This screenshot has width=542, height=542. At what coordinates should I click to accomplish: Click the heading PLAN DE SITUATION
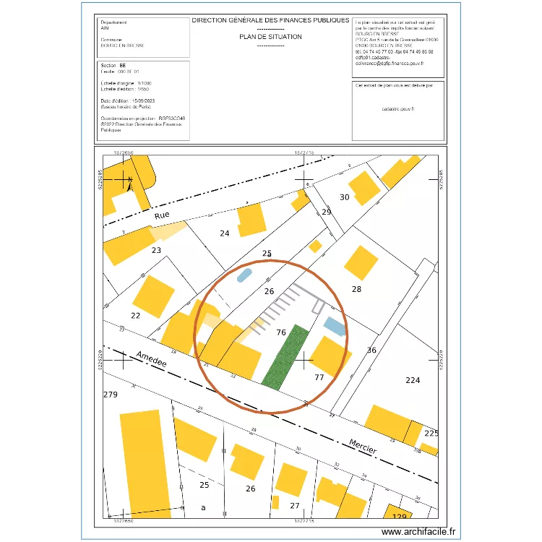click(270, 36)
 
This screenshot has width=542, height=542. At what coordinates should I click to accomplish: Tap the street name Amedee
click(151, 358)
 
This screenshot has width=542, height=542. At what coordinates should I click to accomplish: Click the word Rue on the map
click(162, 215)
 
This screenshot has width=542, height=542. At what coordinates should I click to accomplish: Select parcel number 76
click(281, 332)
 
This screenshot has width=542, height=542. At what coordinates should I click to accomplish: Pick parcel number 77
click(319, 377)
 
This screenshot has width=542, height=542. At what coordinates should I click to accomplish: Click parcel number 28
click(356, 289)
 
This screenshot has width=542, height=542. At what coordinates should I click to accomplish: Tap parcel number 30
click(344, 197)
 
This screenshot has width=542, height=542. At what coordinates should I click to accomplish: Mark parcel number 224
click(413, 380)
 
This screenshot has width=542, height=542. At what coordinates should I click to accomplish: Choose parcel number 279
click(111, 395)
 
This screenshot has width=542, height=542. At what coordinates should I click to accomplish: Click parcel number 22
click(135, 315)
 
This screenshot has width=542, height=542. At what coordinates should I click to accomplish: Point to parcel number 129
click(400, 517)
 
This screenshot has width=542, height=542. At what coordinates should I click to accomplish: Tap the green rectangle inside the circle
click(285, 358)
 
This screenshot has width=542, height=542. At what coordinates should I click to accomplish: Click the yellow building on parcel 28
click(361, 262)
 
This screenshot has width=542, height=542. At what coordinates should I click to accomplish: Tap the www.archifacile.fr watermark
click(419, 531)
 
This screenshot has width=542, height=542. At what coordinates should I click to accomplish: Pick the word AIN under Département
click(106, 28)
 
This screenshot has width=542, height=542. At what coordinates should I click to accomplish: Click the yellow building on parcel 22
click(155, 296)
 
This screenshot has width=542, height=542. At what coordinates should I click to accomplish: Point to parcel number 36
click(372, 350)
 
